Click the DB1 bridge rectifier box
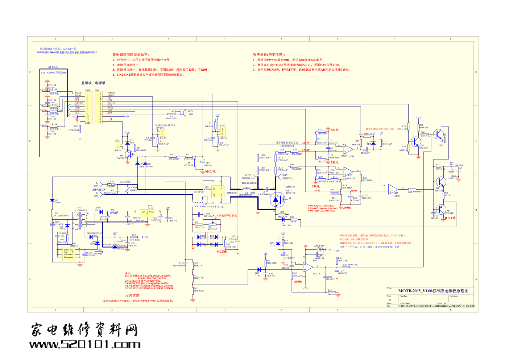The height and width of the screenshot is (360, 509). [x=218, y=192]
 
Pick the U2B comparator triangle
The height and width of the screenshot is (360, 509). [x=348, y=149]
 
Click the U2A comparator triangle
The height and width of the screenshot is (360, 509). [x=308, y=267]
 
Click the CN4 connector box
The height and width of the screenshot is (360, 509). [x=223, y=131]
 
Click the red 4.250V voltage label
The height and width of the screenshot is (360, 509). [x=306, y=150]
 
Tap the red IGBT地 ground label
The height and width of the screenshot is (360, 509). [x=450, y=218]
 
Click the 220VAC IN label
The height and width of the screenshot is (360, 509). [x=99, y=190]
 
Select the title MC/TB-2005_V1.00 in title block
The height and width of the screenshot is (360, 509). [x=433, y=291]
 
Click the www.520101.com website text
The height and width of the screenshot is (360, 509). [x=85, y=344]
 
